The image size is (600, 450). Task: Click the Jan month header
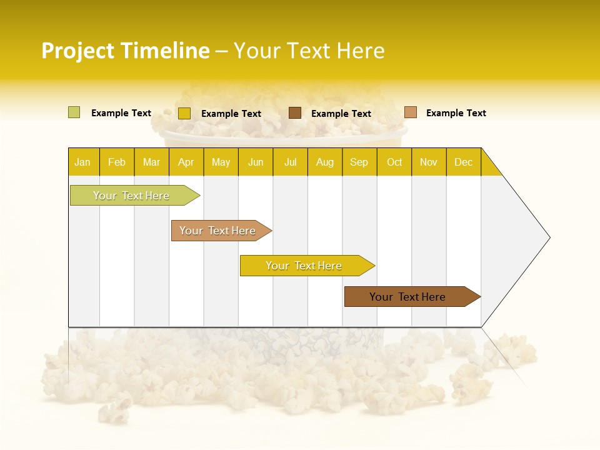coord(83,162)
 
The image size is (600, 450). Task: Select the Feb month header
coord(117,162)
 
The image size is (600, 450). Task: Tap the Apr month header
coord(186,162)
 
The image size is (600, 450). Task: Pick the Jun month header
coord(256,162)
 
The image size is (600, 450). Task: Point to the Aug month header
coord(325,162)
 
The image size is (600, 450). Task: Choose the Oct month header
coord(394,162)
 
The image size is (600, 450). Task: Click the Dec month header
coord(464,162)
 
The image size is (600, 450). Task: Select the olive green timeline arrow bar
coord(132,196)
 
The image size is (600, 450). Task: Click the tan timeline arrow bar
coord(218,231)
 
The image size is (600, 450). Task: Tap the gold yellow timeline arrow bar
coord(304,266)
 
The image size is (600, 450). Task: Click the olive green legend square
coord(74,112)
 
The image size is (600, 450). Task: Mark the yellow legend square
coord(184,113)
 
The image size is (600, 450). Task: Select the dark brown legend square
coord(295,112)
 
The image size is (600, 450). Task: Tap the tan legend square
coord(411,112)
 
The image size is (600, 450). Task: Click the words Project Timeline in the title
coord(126,51)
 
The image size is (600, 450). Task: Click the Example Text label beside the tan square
coord(456,113)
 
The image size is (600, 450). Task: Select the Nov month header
coord(429,162)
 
